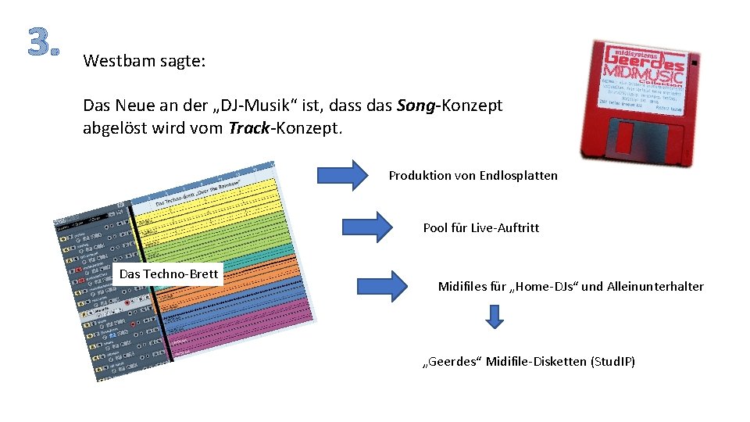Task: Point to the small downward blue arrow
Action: [494, 316]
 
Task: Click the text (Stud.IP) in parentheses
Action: [613, 362]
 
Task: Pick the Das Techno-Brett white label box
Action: [168, 274]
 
